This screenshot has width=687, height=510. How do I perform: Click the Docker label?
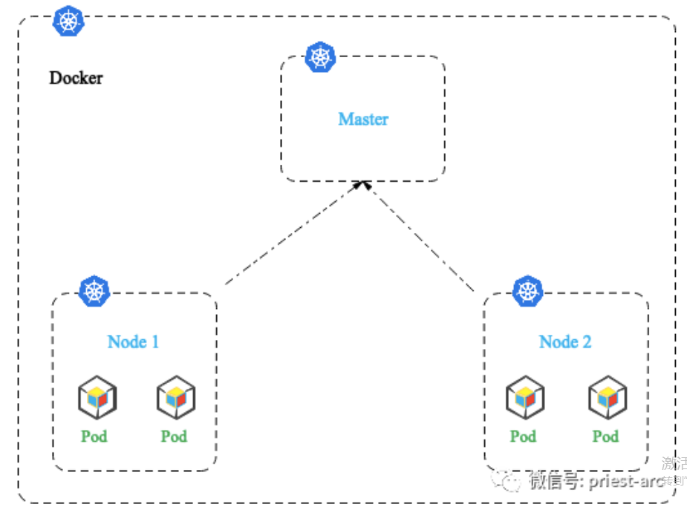[76, 77]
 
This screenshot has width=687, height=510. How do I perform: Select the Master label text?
[363, 119]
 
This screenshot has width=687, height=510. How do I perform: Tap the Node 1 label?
[133, 341]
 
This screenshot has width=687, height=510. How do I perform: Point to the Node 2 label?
[565, 341]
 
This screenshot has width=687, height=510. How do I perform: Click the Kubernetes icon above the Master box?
[321, 57]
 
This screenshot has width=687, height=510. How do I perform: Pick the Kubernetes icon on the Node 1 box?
[94, 291]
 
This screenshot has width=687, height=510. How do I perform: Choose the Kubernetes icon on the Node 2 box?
[528, 290]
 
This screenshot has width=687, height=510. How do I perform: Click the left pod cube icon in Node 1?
[97, 397]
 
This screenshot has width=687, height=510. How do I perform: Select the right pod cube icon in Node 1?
[176, 397]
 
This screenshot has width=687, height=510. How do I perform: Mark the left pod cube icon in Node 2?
[525, 397]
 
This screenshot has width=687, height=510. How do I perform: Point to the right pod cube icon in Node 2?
[608, 397]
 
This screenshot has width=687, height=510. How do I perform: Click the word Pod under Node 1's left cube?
[94, 436]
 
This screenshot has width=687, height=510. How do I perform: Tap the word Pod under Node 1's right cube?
[174, 436]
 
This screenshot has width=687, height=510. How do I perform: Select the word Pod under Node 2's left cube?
[523, 436]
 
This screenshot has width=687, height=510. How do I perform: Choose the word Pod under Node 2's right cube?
[605, 436]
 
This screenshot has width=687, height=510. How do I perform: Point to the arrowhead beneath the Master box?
[362, 184]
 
